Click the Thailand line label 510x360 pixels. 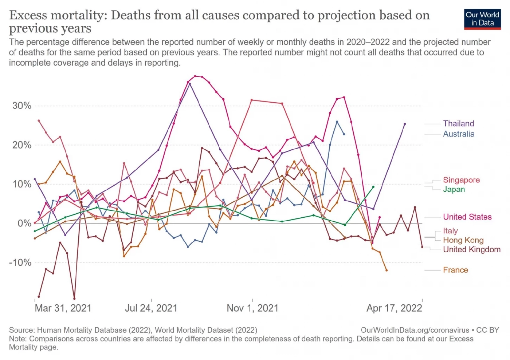coord(458,123)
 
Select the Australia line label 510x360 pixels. coord(459,134)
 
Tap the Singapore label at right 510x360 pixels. coord(461,180)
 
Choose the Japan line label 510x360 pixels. coord(454,189)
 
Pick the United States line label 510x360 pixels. coord(467,217)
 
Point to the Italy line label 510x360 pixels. coord(450,231)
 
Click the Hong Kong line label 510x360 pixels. coord(463,240)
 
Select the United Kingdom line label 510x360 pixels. coord(471,249)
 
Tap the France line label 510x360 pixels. coord(455,270)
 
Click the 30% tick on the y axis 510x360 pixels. coord(22,106)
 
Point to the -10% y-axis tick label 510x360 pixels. coord(20,262)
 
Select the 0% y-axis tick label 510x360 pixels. coord(24,223)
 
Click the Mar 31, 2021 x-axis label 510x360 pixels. coord(63,308)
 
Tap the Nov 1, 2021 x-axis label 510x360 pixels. coord(252,308)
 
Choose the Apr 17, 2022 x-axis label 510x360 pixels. coord(394,308)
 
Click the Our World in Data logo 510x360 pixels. coord(482,19)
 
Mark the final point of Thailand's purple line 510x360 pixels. coord(405,124)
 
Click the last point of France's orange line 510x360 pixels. coord(387,270)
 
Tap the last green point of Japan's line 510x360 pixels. coord(373,187)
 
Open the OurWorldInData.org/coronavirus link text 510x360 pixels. coord(415,330)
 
